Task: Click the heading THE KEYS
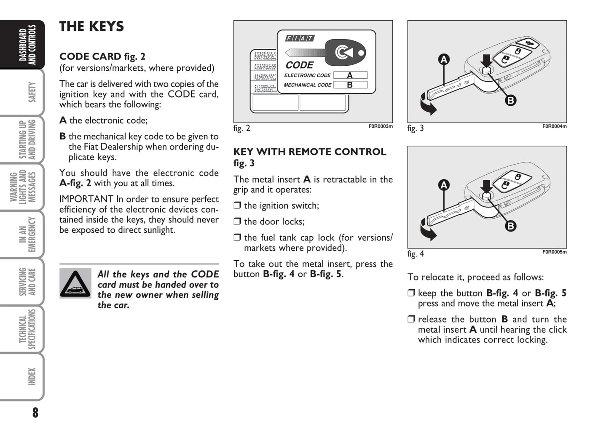pyautogui.click(x=91, y=27)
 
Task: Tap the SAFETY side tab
pyautogui.click(x=31, y=92)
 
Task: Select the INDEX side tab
pyautogui.click(x=31, y=376)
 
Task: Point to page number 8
pyautogui.click(x=35, y=413)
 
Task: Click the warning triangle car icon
pyautogui.click(x=75, y=283)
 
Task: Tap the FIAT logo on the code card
pyautogui.click(x=300, y=38)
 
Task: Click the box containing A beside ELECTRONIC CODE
pyautogui.click(x=350, y=75)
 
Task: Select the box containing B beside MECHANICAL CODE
pyautogui.click(x=350, y=85)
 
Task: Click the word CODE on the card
pyautogui.click(x=299, y=65)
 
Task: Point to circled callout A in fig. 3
pyautogui.click(x=443, y=60)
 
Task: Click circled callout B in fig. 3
pyautogui.click(x=510, y=100)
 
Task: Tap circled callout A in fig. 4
pyautogui.click(x=443, y=185)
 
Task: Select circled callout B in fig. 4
pyautogui.click(x=510, y=226)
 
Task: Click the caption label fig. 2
pyautogui.click(x=242, y=128)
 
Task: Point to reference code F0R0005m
pyautogui.click(x=554, y=252)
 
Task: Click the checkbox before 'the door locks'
pyautogui.click(x=237, y=221)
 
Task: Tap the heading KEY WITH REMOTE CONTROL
pyautogui.click(x=309, y=152)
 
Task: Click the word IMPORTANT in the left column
pyautogui.click(x=86, y=199)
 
